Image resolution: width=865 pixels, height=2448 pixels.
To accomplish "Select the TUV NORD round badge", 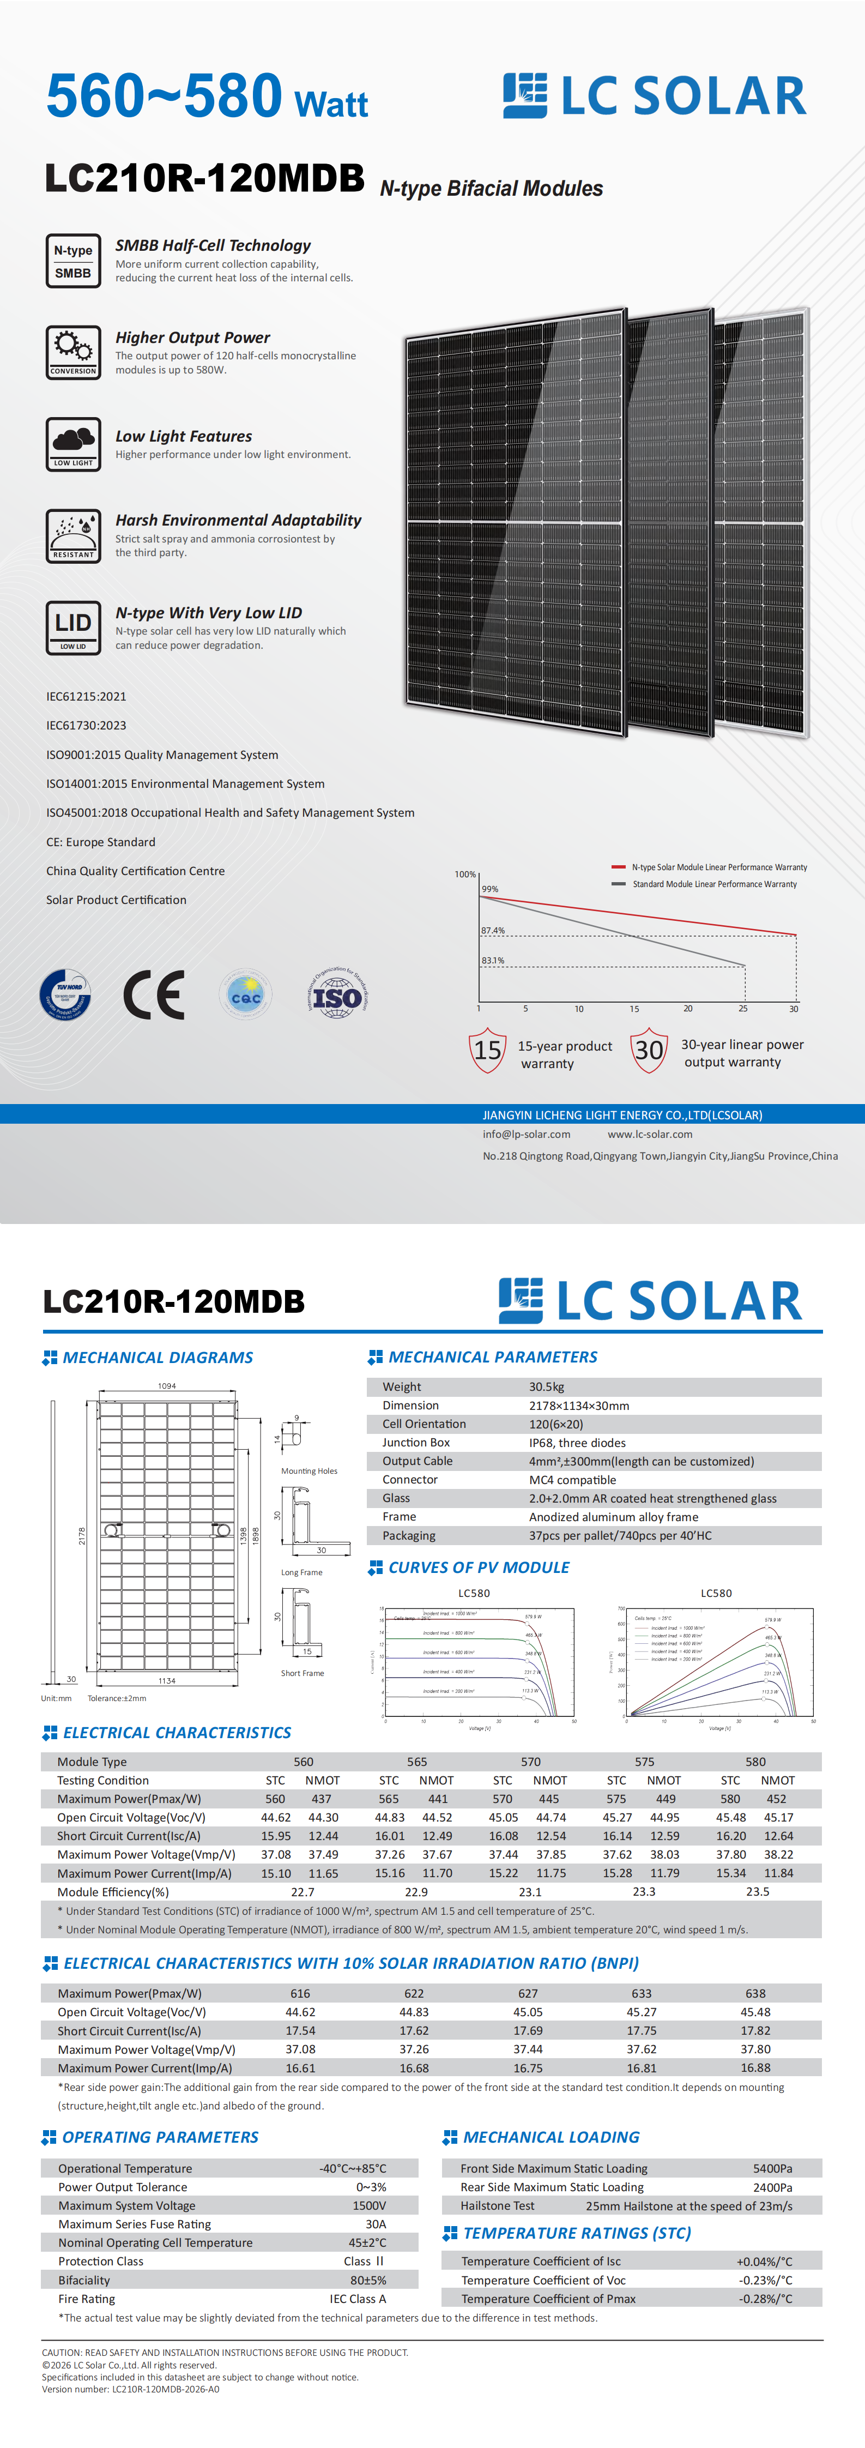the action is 65,995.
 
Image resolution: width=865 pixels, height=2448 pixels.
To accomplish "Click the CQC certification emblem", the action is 245,995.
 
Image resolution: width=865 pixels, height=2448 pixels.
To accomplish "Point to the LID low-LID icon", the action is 73,627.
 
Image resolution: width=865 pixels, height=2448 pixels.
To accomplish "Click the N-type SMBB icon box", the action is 73,261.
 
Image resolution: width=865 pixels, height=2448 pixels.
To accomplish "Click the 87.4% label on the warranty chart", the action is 492,930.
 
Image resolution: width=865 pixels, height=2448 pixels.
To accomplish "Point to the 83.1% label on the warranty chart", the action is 492,960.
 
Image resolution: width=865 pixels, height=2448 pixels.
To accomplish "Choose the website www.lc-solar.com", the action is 650,1133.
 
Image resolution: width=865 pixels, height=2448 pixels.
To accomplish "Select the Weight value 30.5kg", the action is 547,1386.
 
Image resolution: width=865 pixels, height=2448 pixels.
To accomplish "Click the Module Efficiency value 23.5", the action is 758,1891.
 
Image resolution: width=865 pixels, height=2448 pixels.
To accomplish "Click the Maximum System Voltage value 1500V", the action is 369,2205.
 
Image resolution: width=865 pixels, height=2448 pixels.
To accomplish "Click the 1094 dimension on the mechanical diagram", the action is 166,1385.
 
